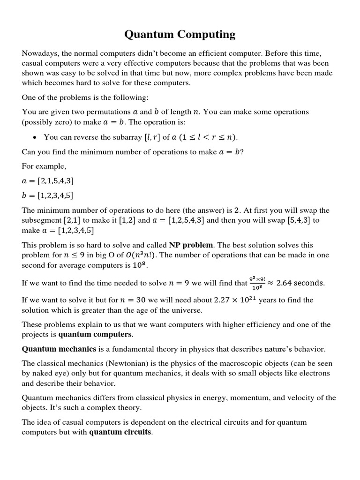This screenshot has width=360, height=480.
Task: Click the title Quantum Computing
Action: point(180,34)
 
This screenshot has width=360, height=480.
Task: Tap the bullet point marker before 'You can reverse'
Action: point(35,137)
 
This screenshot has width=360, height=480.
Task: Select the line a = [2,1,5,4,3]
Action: point(48,181)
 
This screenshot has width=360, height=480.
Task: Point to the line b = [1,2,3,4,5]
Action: point(48,195)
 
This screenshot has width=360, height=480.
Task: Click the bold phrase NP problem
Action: point(191,245)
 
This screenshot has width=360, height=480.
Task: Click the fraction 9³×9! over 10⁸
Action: point(257,283)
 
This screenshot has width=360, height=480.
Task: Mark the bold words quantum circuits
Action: point(120,432)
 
